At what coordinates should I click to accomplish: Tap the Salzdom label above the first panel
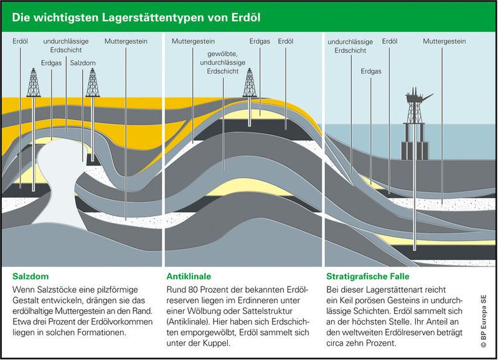point(83,63)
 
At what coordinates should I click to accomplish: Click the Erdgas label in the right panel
point(371,72)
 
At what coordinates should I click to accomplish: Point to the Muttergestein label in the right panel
point(444,42)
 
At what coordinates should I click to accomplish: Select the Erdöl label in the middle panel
point(286,42)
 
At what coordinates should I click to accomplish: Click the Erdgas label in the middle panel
point(260,42)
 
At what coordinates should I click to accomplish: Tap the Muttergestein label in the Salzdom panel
point(126,42)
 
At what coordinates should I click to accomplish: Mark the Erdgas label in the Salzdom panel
point(51,63)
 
